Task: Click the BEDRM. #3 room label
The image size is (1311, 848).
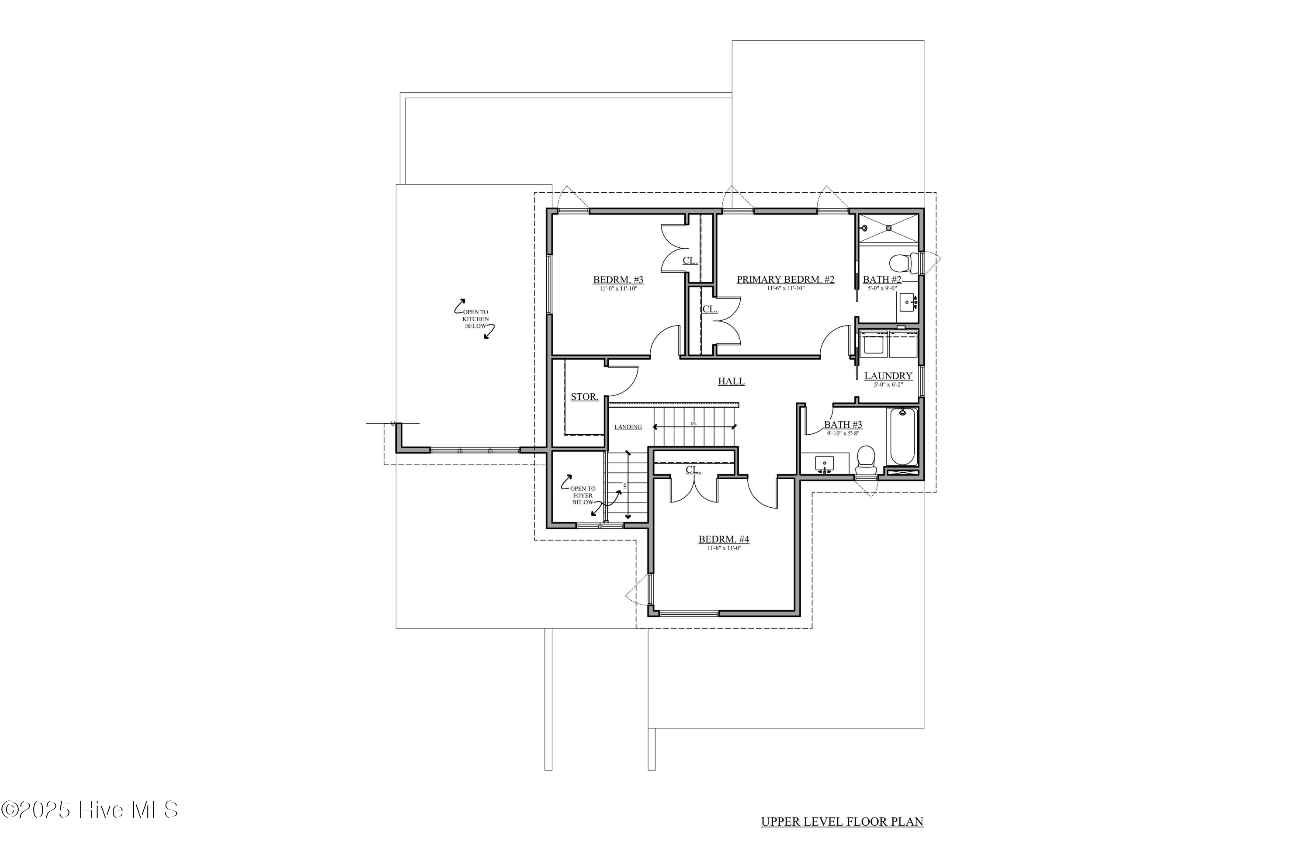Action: (x=618, y=280)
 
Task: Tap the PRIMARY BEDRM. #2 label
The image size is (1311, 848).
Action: (x=785, y=280)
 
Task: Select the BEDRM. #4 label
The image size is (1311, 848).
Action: (x=724, y=540)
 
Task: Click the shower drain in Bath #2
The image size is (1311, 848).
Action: (x=888, y=228)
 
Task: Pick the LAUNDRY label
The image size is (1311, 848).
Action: (x=888, y=376)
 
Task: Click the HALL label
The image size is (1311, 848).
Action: (x=731, y=381)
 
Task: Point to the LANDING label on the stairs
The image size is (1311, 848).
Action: (x=628, y=427)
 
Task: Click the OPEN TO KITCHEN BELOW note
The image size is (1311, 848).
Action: (x=475, y=319)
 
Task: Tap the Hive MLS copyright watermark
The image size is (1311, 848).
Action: (x=89, y=810)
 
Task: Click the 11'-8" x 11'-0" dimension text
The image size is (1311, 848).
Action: (x=724, y=548)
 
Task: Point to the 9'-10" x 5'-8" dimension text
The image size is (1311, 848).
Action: (x=843, y=433)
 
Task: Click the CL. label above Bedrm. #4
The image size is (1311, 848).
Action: (x=693, y=470)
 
